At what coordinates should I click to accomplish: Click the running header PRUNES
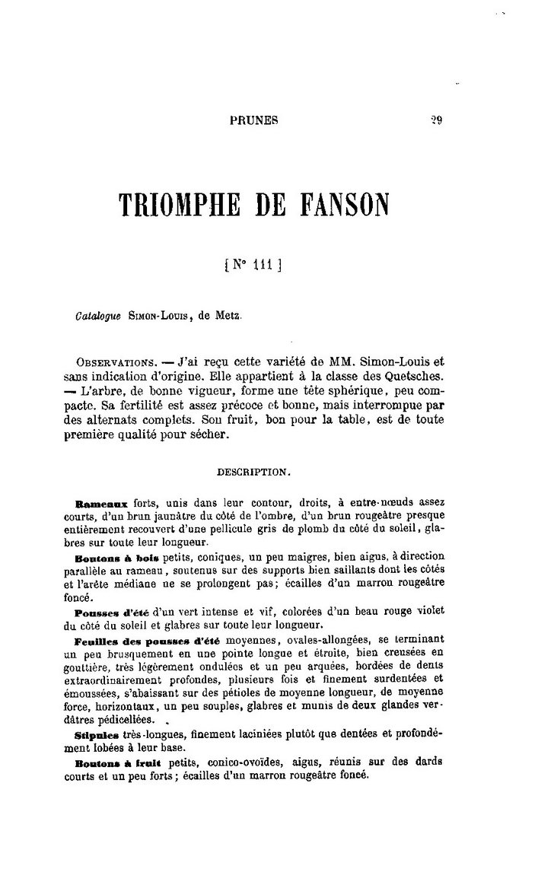(253, 119)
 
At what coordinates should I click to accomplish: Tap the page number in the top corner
(436, 119)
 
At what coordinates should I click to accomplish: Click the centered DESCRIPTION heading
(254, 472)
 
